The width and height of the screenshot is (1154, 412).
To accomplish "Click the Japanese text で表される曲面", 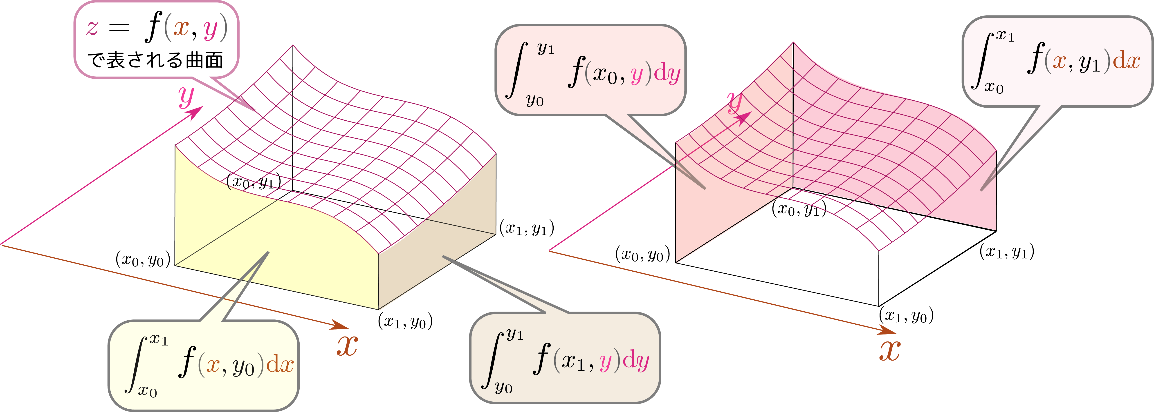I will (x=155, y=60).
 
